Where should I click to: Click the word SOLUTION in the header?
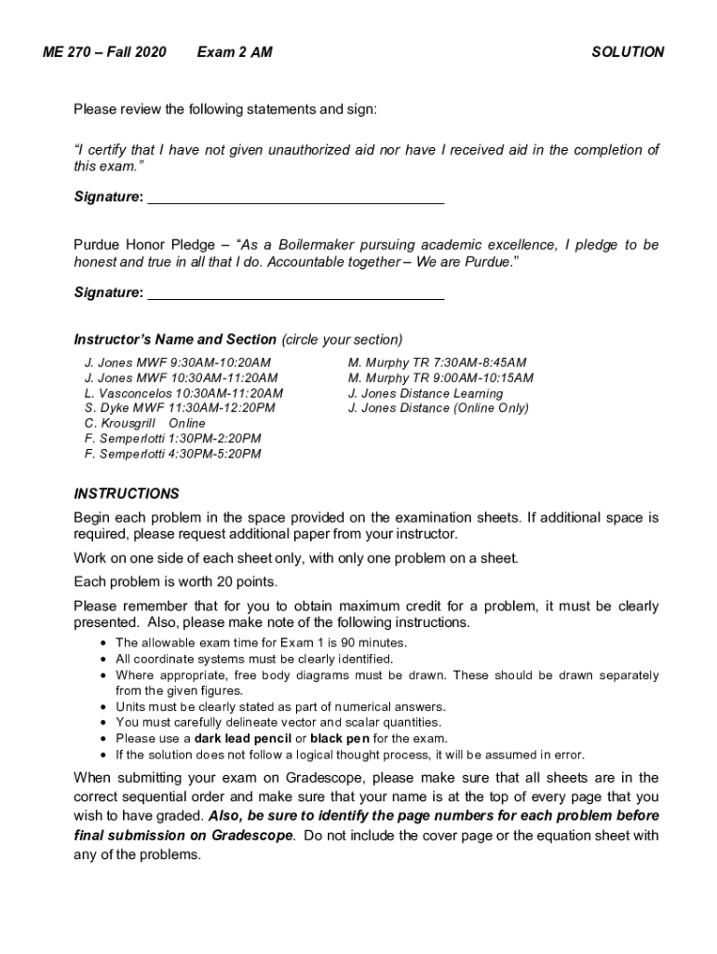(628, 52)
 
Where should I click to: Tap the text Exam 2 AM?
(235, 52)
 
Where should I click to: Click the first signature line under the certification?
(296, 198)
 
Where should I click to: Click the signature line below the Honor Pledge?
(296, 294)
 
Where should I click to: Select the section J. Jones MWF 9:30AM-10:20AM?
(178, 362)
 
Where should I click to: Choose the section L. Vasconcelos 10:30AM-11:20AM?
(183, 393)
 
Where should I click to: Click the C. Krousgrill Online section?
(144, 423)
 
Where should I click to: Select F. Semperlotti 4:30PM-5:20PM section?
(172, 454)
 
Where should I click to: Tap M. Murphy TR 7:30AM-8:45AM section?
(437, 362)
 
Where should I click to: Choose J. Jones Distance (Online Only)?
(438, 408)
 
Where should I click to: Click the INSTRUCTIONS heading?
(127, 494)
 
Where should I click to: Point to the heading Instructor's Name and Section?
(175, 339)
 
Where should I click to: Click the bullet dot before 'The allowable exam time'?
(101, 643)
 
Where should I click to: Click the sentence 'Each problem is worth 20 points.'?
(176, 582)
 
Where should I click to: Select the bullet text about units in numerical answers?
(280, 706)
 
